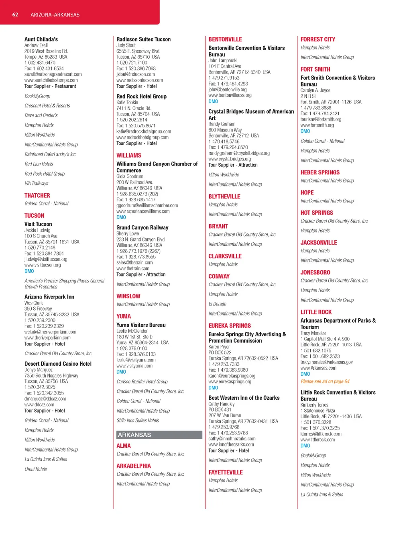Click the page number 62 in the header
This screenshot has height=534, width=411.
click(x=15, y=15)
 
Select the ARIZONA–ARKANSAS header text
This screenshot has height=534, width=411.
click(x=55, y=15)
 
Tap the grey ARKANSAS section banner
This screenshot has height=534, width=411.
click(x=159, y=435)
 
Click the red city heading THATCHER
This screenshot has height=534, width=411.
click(x=37, y=196)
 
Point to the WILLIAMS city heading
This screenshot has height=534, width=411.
click(x=129, y=155)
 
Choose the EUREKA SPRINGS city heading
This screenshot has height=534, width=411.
click(x=230, y=326)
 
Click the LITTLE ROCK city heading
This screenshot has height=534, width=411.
click(x=316, y=312)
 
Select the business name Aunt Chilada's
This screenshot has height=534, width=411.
click(x=41, y=39)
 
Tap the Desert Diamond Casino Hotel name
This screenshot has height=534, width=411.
click(x=58, y=364)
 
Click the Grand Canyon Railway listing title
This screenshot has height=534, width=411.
click(x=142, y=228)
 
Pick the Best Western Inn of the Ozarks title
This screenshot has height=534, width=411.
click(x=244, y=398)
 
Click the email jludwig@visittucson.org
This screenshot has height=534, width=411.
click(x=46, y=259)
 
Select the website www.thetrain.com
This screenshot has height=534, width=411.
click(x=133, y=268)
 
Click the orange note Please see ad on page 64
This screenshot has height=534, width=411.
click(x=325, y=381)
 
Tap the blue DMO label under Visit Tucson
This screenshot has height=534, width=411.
click(x=29, y=271)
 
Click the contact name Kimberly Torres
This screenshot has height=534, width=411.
click(x=314, y=405)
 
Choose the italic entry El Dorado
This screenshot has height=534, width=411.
click(x=218, y=304)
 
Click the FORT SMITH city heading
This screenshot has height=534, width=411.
click(x=315, y=70)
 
